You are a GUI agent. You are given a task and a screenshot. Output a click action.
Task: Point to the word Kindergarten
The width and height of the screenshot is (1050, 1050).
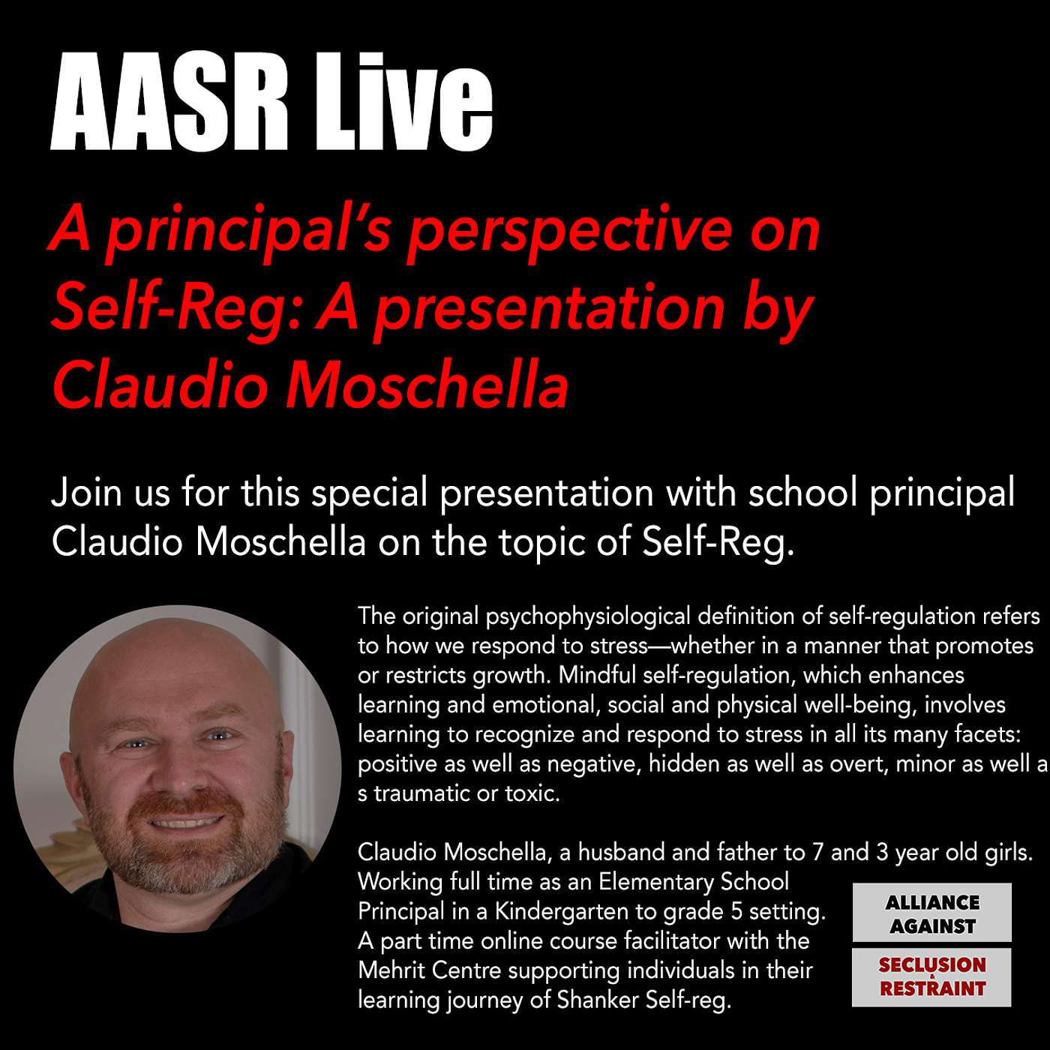pos(565,912)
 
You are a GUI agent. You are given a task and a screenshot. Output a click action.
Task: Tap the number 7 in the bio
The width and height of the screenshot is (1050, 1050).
pos(817,853)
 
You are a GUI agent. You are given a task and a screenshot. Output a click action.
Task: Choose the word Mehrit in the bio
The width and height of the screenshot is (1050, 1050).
pos(391,970)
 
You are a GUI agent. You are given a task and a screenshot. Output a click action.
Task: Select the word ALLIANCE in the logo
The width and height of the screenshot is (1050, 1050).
pos(931,903)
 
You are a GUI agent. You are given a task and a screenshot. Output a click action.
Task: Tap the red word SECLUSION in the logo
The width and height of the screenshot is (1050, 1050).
pos(931,965)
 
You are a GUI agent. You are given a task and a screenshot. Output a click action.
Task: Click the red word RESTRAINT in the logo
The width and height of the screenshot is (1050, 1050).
pos(932,988)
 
